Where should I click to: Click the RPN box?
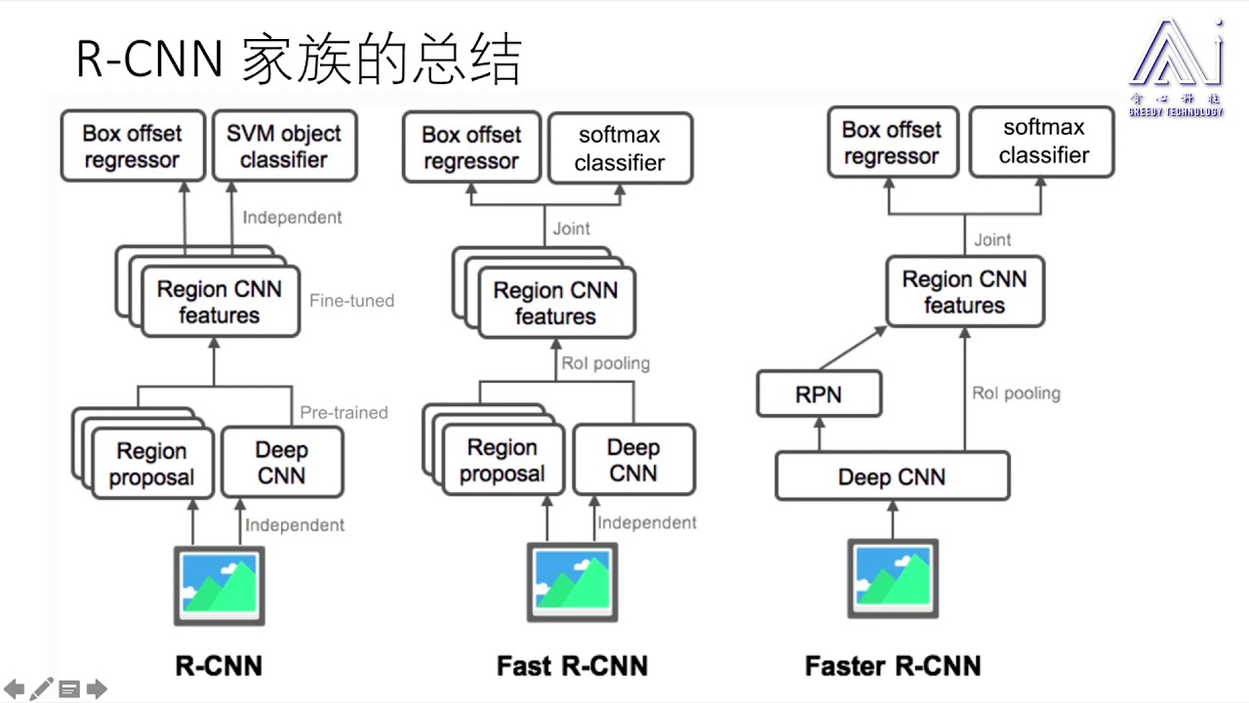coord(820,395)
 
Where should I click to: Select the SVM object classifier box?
coord(284,146)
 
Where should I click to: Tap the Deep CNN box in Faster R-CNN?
coord(892,476)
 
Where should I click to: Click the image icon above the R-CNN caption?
coord(220,585)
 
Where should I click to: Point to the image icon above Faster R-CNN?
coord(892,578)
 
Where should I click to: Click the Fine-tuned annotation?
coord(351,301)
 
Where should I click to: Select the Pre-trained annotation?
coord(343,413)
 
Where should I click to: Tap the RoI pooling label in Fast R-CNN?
coord(605,363)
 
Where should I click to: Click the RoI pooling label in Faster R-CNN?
coord(1016,393)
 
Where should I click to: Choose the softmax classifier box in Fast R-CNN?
coord(620,148)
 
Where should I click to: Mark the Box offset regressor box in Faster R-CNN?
coord(892,144)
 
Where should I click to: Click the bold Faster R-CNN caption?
coord(892,666)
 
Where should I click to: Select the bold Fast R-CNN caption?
coord(572,666)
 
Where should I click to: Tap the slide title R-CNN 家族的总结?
coord(299,59)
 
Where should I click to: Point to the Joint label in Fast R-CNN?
coord(571,228)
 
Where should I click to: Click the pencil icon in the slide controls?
coord(42,689)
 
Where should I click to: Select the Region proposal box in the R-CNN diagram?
coord(151,464)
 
